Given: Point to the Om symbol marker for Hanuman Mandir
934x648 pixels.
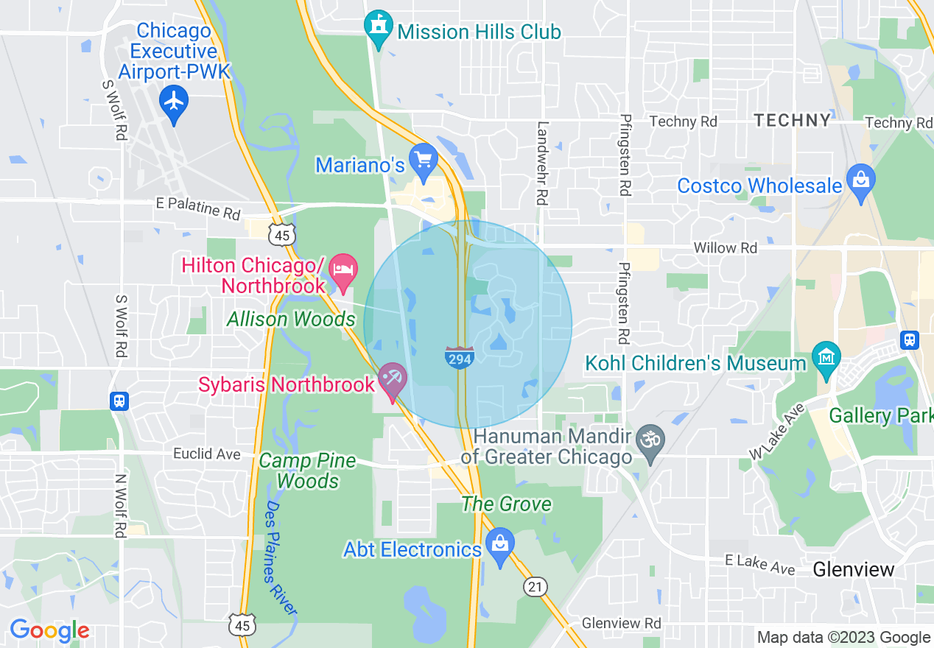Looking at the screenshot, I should click(x=650, y=440).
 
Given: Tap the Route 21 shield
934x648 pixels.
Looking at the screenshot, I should click(x=536, y=587).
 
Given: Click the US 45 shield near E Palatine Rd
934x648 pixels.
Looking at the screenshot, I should click(x=281, y=234).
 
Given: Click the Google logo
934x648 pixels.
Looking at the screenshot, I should click(x=49, y=630).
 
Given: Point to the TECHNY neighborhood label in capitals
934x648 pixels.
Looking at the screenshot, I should click(x=792, y=121).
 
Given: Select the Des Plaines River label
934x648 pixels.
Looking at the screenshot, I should click(x=281, y=558).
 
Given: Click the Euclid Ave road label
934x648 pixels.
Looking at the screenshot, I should click(x=207, y=454).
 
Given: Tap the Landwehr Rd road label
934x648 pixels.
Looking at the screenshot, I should click(x=543, y=163).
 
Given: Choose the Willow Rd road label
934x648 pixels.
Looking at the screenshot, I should click(x=725, y=248).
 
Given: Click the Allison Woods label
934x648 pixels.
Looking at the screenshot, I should click(x=291, y=320).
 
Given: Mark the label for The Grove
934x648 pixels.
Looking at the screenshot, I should click(x=506, y=504).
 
